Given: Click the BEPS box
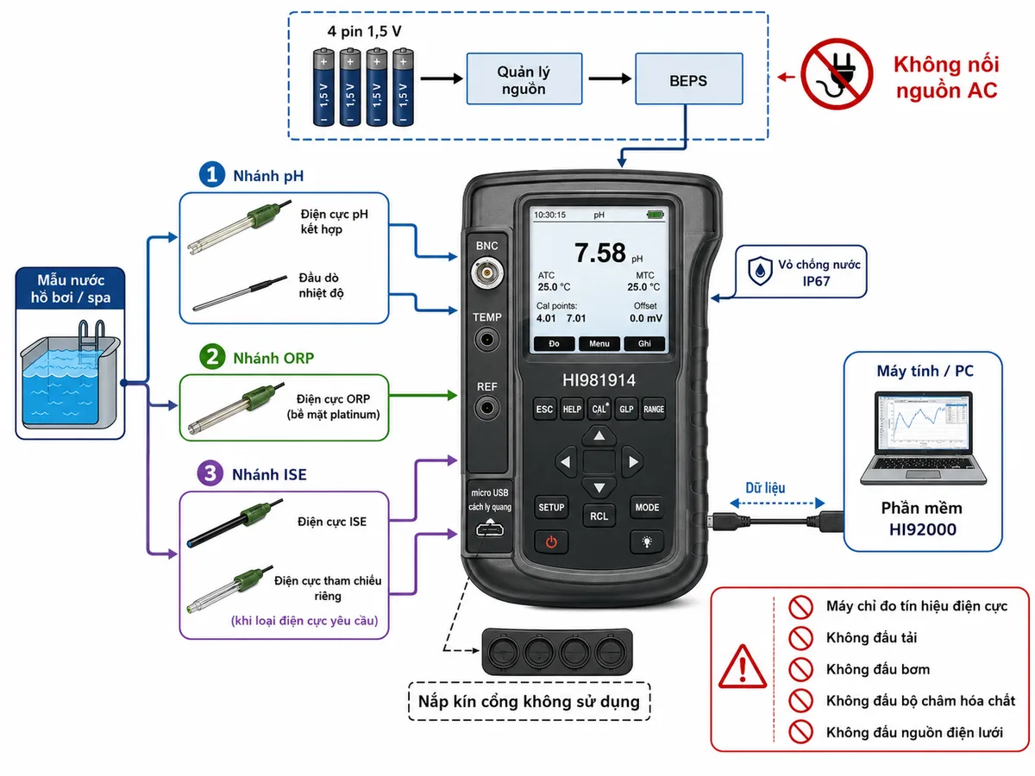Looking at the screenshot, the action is (688, 78).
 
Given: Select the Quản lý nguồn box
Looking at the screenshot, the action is (524, 78).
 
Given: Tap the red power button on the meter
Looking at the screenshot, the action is (551, 542).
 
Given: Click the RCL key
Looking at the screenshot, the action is (599, 516).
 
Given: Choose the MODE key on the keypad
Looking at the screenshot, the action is (647, 508).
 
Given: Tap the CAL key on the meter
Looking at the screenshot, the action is (599, 409).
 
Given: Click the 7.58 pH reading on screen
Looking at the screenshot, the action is (607, 253).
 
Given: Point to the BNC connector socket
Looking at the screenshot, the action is (486, 272).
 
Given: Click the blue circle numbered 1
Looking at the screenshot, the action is (212, 174).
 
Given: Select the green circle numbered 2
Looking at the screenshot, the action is (212, 357).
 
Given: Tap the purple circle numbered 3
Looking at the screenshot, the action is (210, 473).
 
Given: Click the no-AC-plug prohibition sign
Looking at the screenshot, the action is (837, 74).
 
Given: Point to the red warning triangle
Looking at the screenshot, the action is (743, 667).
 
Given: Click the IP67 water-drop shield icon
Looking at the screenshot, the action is (760, 271).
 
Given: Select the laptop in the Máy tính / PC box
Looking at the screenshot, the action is (923, 438).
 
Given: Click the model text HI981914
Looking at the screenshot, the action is (599, 380).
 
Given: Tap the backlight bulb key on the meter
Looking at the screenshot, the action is (647, 542).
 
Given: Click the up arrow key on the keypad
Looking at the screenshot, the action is (599, 435).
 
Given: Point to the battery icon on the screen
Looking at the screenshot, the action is (655, 215).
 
